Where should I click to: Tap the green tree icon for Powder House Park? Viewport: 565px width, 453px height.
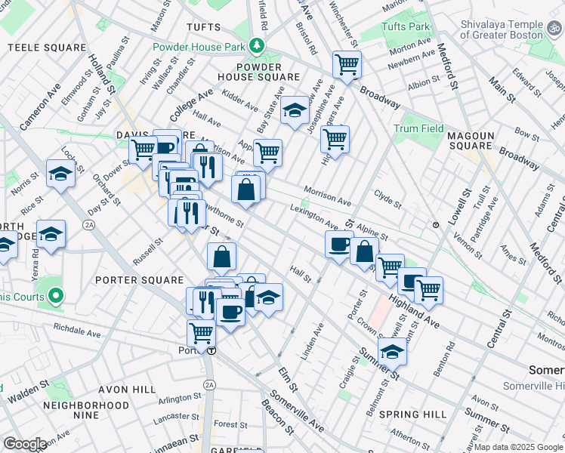pos(258,47)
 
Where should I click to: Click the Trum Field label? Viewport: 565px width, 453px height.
pos(418,128)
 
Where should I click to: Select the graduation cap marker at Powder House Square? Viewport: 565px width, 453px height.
pos(295,110)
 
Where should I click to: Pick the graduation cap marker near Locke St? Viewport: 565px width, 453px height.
pos(60,174)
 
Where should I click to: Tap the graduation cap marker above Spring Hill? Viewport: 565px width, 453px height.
pos(392,350)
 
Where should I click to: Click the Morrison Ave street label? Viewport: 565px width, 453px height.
pos(328,196)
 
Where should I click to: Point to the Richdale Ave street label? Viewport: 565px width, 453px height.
pos(77,331)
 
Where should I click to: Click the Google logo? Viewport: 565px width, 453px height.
pos(26,444)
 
